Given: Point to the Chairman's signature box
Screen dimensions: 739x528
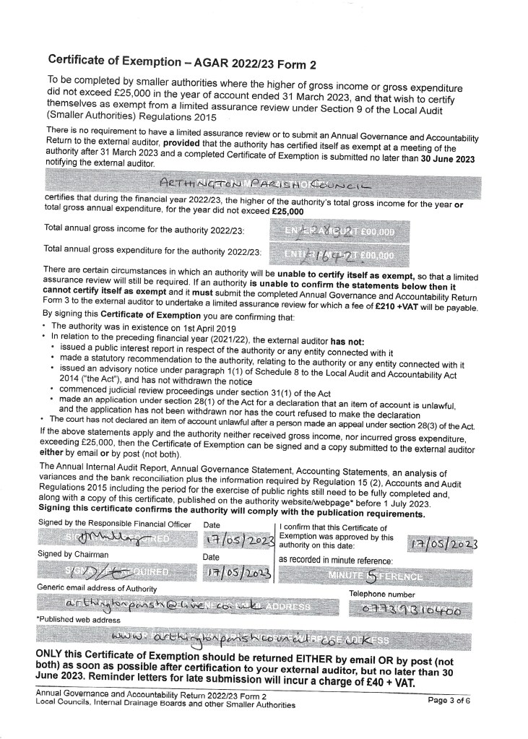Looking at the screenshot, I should (116, 574).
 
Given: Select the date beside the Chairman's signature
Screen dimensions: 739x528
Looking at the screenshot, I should (237, 574).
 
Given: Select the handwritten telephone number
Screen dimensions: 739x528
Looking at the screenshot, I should (412, 610).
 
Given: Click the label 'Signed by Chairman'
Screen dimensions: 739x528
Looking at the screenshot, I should (73, 555).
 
